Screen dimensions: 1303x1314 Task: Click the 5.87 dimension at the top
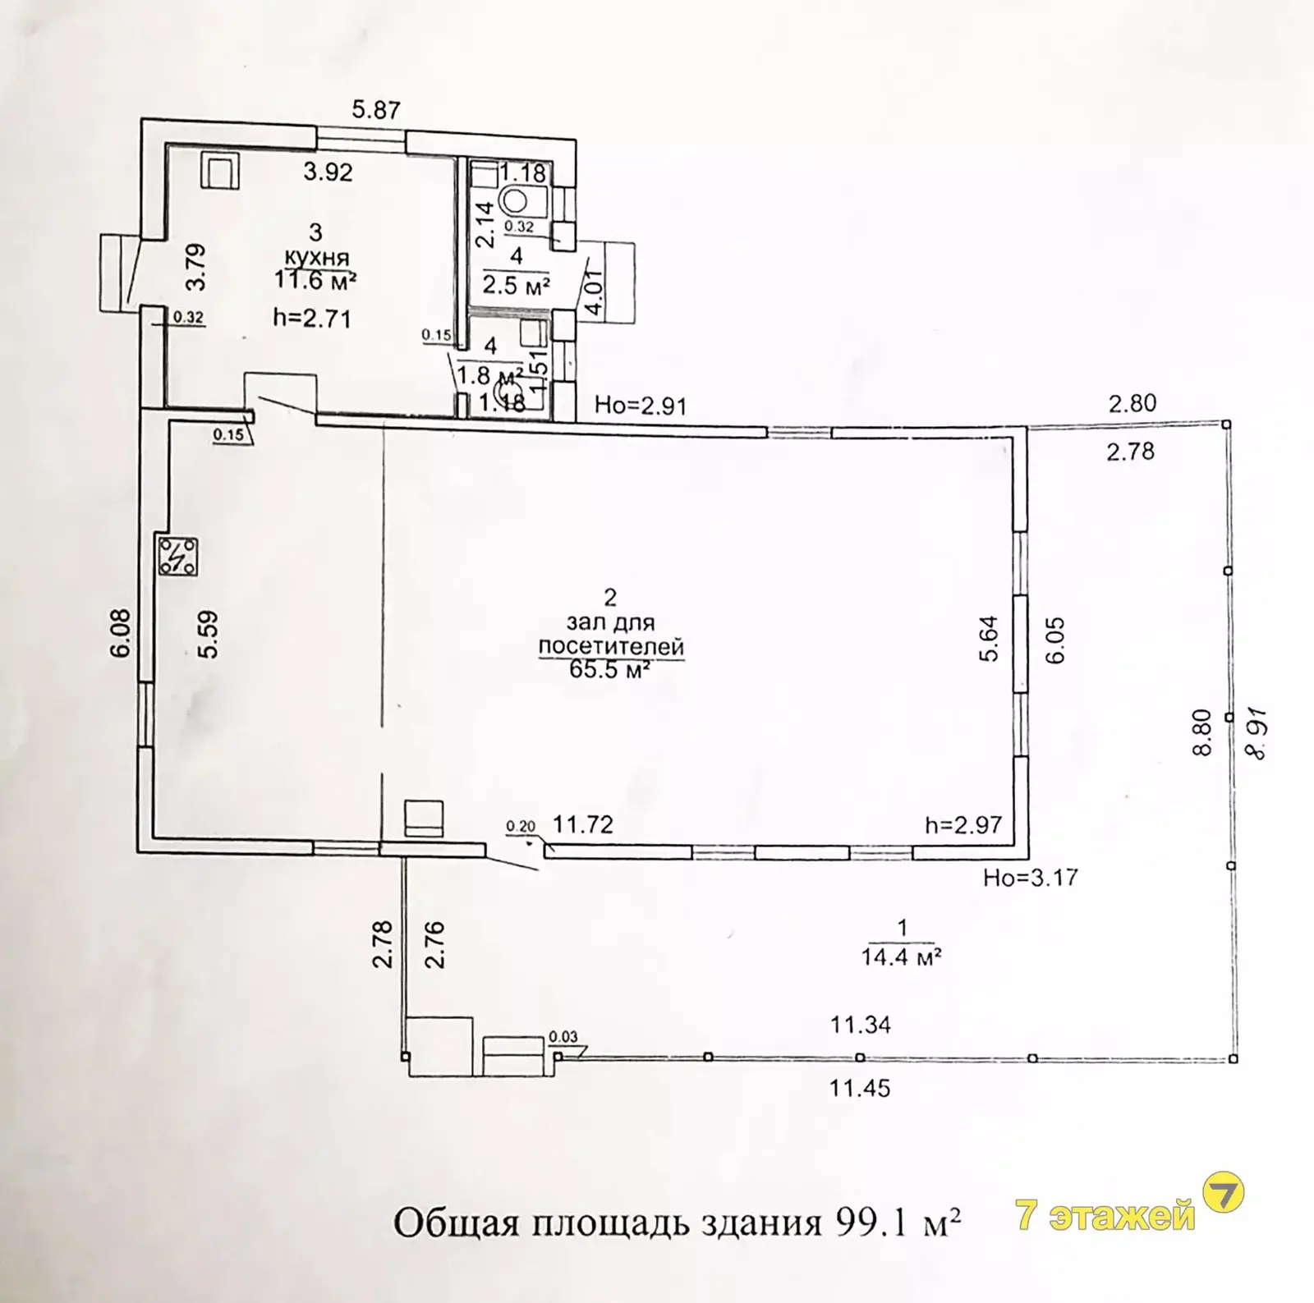tap(375, 109)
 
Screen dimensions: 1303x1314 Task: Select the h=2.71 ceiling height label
tap(311, 318)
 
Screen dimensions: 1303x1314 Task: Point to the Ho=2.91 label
tap(641, 406)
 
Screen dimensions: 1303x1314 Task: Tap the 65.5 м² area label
tap(609, 669)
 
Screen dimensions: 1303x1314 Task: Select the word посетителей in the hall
tap(611, 646)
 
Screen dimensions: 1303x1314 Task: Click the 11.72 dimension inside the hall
tap(582, 824)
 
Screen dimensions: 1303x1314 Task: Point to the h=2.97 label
tap(963, 824)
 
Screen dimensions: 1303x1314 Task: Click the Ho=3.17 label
tap(1030, 878)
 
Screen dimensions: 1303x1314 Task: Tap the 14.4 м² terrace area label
tap(901, 957)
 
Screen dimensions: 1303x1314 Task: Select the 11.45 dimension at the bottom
tap(860, 1089)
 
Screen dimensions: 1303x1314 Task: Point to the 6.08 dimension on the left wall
tap(123, 632)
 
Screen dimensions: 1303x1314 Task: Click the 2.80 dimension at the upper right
tap(1132, 403)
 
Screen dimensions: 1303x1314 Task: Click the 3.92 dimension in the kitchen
tap(328, 172)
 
